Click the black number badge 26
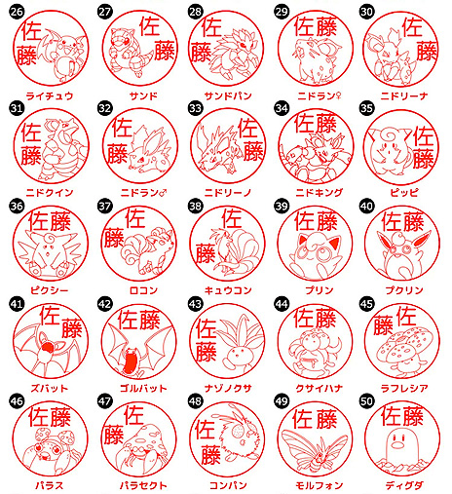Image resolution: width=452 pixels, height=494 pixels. pyautogui.click(x=17, y=12)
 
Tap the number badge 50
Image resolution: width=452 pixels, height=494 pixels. pyautogui.click(x=366, y=401)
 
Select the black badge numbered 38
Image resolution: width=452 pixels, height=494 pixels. pyautogui.click(x=195, y=206)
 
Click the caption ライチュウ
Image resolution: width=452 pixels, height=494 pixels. pyautogui.click(x=50, y=95)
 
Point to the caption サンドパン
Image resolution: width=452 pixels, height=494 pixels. pyautogui.click(x=228, y=95)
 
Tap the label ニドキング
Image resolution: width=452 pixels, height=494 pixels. pyautogui.click(x=319, y=193)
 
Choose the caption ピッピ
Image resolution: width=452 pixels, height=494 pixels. pyautogui.click(x=404, y=193)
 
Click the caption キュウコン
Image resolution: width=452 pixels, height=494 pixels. pyautogui.click(x=228, y=290)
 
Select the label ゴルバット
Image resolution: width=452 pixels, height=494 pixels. pyautogui.click(x=143, y=388)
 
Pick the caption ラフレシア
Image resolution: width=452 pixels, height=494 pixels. pyautogui.click(x=404, y=388)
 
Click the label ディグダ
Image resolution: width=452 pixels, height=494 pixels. pyautogui.click(x=404, y=485)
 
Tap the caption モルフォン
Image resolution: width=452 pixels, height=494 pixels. pyautogui.click(x=319, y=485)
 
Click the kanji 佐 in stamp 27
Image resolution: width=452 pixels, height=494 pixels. pyautogui.click(x=150, y=26)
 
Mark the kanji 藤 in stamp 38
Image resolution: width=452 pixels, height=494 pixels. pyautogui.click(x=206, y=253)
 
